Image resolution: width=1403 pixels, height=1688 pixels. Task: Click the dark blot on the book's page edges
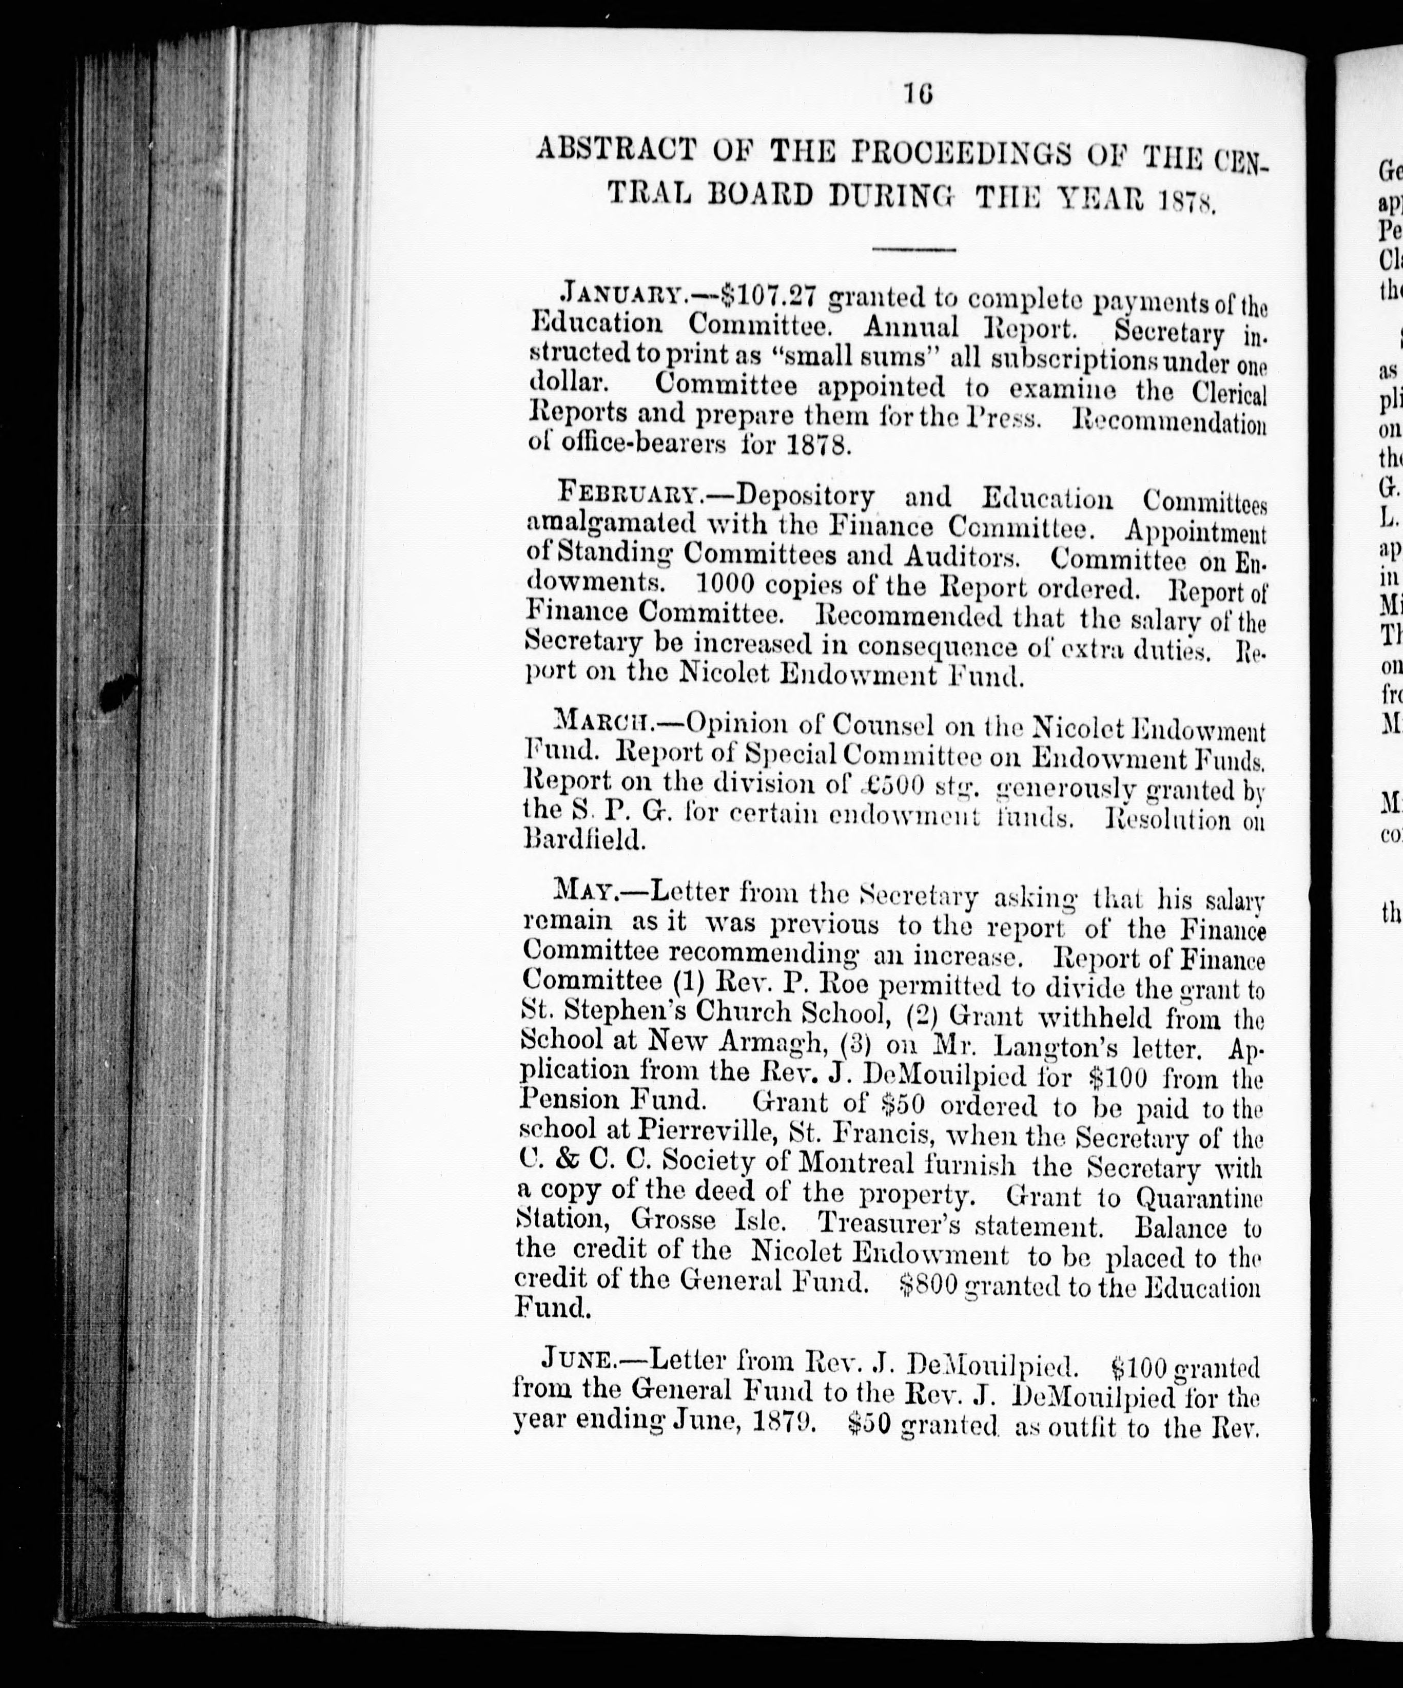[118, 692]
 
